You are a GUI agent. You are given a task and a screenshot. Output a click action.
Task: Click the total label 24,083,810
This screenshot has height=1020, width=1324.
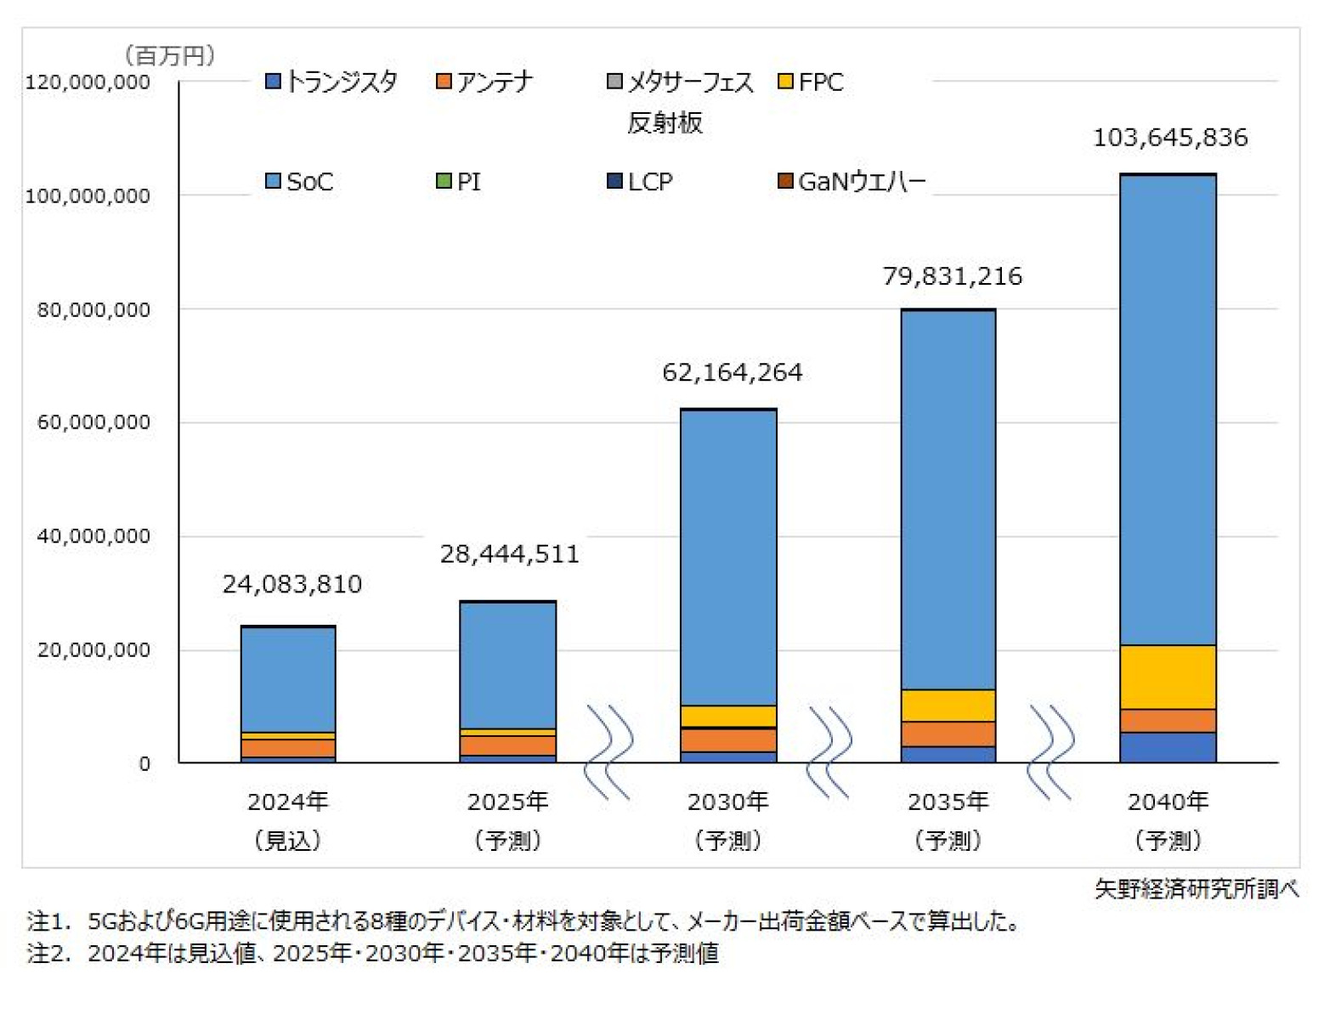click(291, 584)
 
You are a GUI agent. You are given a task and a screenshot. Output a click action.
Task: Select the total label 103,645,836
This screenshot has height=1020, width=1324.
click(1169, 138)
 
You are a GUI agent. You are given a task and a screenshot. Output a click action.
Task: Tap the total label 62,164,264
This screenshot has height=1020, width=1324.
click(732, 372)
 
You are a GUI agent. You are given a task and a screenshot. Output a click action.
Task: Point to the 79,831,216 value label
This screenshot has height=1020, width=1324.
click(952, 276)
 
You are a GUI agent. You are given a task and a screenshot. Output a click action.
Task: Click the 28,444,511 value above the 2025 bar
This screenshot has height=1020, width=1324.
click(509, 554)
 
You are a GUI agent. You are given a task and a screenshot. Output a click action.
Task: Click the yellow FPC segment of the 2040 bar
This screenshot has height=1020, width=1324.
click(1168, 677)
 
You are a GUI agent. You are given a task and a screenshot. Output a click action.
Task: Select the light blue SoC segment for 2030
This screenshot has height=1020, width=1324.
click(728, 557)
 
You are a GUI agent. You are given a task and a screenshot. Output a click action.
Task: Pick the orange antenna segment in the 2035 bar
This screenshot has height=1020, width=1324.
click(948, 734)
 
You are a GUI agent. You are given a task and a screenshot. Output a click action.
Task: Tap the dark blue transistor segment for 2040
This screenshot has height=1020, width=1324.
click(1168, 747)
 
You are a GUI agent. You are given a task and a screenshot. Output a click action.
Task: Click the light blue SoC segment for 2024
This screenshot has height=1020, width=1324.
click(288, 679)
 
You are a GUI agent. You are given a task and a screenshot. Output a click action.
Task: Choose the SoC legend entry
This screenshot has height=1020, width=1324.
click(299, 182)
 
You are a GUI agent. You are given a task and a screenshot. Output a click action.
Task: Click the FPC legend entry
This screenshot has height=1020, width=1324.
click(811, 82)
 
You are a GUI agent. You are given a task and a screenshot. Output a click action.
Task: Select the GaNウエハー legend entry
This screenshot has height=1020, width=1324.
click(852, 182)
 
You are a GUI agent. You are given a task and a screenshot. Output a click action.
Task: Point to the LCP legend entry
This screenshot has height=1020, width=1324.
click(640, 182)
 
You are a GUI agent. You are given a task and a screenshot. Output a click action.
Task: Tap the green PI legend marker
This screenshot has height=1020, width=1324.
click(444, 181)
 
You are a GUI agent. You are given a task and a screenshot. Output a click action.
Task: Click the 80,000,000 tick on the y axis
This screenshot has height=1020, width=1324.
click(93, 310)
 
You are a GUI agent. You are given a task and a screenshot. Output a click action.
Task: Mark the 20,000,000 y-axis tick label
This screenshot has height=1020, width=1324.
click(93, 650)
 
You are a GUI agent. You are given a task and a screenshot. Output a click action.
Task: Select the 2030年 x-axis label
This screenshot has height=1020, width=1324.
click(727, 802)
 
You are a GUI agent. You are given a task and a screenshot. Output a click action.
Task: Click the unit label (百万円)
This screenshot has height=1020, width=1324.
click(170, 56)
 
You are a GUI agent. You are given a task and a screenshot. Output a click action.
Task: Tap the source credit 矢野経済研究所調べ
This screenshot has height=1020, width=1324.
click(1196, 889)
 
